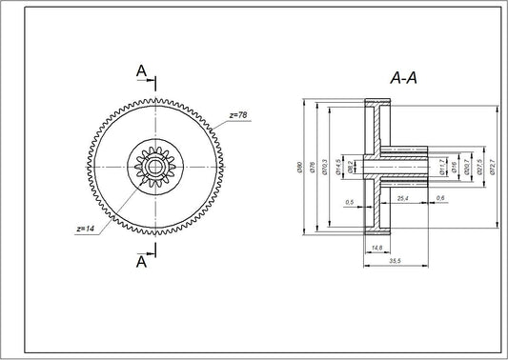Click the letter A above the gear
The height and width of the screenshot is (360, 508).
pos(141,70)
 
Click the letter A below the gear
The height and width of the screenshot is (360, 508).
pos(141,260)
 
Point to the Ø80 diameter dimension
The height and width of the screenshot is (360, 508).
pos(299,167)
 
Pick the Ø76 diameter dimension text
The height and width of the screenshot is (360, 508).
pos(313,167)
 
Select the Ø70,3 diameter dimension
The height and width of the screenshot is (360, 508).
pos(326,168)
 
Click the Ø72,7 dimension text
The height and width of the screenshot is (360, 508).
pos(493,167)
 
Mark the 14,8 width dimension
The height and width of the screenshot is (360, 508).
pos(376,247)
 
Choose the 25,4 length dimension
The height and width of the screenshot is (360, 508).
pos(402,197)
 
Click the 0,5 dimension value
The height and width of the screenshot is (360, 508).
pos(349,202)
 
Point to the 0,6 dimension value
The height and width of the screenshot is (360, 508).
pos(439,197)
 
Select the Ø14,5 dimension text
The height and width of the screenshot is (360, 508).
pos(338,168)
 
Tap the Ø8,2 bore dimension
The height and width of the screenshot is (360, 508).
pos(352,167)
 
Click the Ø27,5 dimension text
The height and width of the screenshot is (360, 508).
pos(479,167)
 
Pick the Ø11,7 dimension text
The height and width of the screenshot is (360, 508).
pos(441,167)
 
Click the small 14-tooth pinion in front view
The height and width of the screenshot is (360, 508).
pos(152,166)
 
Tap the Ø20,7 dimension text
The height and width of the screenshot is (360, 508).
pos(466,167)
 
